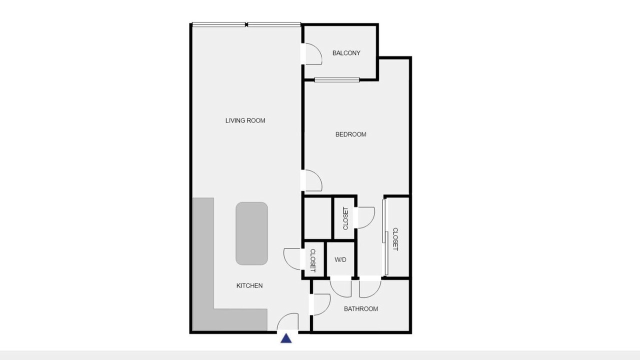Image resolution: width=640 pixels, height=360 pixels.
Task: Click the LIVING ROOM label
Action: pos(245,120)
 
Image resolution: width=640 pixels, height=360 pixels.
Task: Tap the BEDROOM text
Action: pos(351,134)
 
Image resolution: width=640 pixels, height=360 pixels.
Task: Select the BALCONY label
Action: pos(346,53)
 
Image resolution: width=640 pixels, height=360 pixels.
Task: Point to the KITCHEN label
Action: pos(249,285)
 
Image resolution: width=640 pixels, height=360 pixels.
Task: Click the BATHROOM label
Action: pos(361,309)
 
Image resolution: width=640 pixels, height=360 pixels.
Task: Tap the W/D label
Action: pos(340,259)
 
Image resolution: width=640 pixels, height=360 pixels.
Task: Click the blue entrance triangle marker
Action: pos(286,338)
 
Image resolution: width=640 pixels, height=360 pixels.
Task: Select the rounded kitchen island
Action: pos(251,233)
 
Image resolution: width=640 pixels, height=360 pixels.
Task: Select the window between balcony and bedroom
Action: pos(337,80)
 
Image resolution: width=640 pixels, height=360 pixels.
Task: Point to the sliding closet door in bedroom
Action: pos(384,237)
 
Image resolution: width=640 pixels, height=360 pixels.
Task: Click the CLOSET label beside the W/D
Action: pos(313,260)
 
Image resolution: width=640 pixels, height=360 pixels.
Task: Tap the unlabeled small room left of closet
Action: pos(317,218)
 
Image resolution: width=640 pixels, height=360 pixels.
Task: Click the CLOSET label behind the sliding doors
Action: pos(395,239)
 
